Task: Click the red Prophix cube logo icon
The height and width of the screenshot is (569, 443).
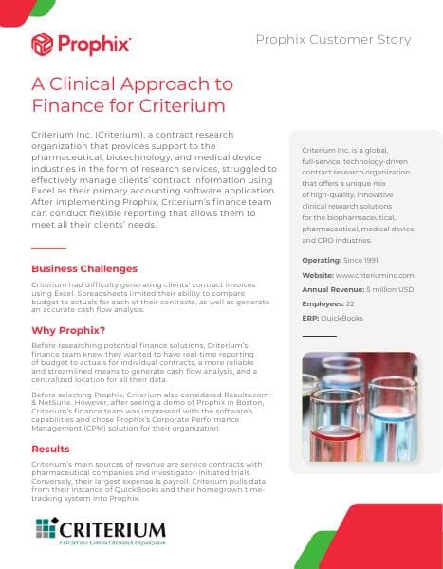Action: [42, 44]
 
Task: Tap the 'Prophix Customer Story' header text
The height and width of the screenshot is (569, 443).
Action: [333, 39]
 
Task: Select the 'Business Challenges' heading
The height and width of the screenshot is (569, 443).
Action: [84, 268]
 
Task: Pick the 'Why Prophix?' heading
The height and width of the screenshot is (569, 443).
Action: [69, 330]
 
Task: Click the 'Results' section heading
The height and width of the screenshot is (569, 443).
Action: [50, 448]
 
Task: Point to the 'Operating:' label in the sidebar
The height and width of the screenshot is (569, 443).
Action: [323, 260]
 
